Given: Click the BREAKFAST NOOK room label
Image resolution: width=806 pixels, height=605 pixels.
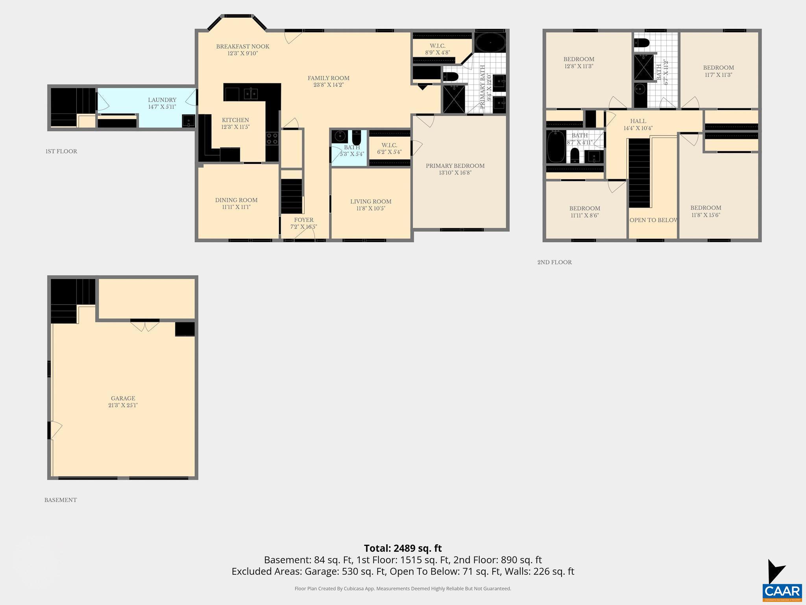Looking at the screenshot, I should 242,46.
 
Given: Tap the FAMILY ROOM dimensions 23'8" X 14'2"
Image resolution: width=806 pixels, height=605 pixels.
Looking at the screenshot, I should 328,85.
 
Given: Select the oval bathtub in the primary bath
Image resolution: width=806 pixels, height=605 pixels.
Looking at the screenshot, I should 490,42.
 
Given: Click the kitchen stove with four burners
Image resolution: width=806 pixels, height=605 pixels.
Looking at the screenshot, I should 272,139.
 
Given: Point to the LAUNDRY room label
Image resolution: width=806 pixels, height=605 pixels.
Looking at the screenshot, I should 162,100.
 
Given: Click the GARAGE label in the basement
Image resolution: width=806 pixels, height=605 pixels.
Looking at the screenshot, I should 123,398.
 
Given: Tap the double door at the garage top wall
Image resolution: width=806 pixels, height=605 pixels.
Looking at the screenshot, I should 145,327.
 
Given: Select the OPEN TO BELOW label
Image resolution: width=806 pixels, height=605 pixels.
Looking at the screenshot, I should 653,220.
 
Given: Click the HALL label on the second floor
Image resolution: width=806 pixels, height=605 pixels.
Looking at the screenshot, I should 638,121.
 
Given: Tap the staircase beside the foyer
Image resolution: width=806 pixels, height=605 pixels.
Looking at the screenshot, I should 291,196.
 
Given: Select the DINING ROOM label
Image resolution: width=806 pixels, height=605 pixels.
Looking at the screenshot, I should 236,200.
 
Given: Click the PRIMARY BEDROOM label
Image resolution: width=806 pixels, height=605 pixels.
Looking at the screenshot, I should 455,166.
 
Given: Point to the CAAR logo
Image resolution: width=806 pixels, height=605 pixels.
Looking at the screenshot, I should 782,591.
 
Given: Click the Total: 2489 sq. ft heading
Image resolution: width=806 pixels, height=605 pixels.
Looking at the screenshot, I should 403,548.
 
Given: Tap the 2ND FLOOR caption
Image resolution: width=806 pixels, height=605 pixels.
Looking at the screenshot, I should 555,262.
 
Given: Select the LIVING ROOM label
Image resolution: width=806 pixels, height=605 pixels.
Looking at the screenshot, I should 371,202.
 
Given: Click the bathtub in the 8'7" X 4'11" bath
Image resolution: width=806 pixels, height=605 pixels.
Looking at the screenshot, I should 556,147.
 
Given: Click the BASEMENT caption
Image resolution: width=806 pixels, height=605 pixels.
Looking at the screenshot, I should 61,500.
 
